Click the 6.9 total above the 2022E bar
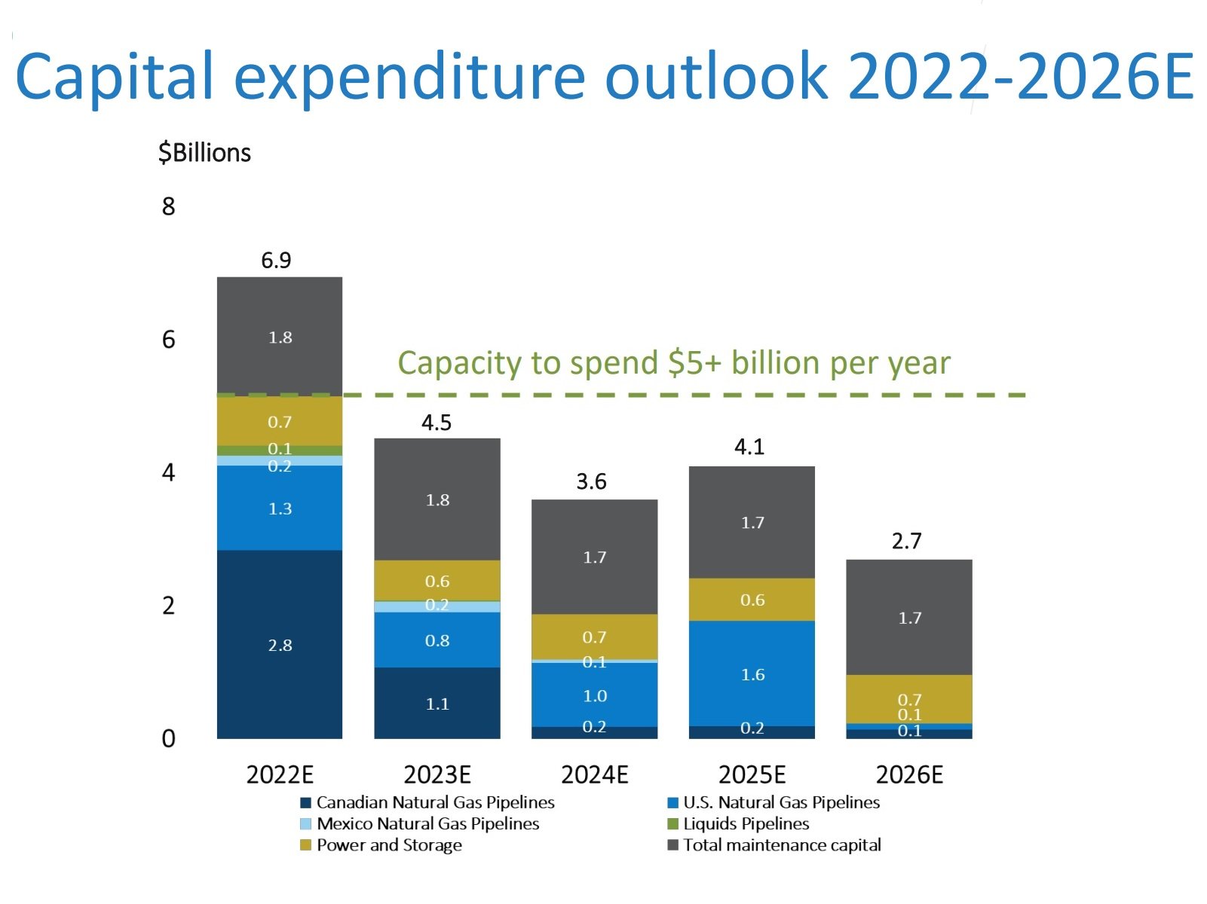click(x=276, y=261)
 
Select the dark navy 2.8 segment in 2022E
click(x=280, y=645)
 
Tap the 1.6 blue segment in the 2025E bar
click(x=752, y=674)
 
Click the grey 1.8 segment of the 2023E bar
click(x=437, y=500)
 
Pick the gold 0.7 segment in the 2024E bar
click(x=594, y=637)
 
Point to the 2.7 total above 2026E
click(x=906, y=541)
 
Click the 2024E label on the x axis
click(x=594, y=774)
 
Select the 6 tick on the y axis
click(x=169, y=340)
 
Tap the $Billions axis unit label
click(x=204, y=153)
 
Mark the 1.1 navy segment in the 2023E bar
click(x=437, y=704)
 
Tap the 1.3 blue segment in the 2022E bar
click(x=280, y=508)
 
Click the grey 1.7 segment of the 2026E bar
click(x=909, y=618)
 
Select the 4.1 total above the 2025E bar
click(x=749, y=447)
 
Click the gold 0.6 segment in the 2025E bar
click(x=752, y=600)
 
